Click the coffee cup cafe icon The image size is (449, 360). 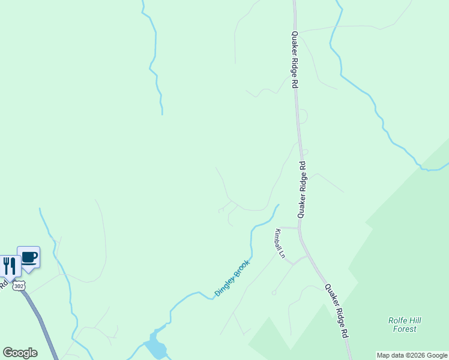pos(28,257)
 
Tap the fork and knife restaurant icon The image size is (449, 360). pos(9,265)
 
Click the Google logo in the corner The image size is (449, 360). pos(20,353)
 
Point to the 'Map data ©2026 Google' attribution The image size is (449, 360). pos(412,355)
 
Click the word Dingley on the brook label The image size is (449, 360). pos(224,286)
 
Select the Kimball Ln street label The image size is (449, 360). pos(279,242)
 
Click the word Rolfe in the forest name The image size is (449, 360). pos(399,320)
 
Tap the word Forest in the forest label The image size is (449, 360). pos(405,329)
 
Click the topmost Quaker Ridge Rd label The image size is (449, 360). pos(295,60)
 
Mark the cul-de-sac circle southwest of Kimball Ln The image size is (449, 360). pos(274,293)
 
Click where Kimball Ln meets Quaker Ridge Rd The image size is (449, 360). pos(299,228)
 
